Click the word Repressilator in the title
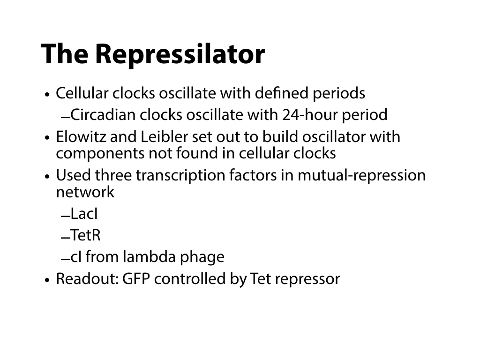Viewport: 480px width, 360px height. coord(180,54)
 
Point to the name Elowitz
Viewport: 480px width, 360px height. coord(81,136)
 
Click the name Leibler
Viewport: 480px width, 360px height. coord(164,136)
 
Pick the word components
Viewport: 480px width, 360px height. coord(100,153)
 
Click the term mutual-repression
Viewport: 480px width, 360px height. coord(361,175)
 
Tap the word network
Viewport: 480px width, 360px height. coord(85,192)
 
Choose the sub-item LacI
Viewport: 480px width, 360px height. coord(84,214)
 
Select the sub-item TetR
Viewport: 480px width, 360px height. coord(85,235)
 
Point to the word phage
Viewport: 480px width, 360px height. coord(202,257)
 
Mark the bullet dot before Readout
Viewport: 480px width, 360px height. coord(47,280)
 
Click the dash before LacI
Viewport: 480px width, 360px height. coord(66,217)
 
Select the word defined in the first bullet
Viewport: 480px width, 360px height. coord(281,93)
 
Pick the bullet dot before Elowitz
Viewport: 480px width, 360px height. coord(47,138)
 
